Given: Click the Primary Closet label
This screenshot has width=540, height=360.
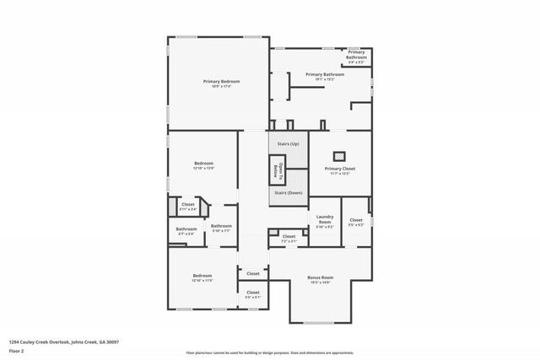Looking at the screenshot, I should coord(340,170).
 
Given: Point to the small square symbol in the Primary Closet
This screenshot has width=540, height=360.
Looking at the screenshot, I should coord(340,154).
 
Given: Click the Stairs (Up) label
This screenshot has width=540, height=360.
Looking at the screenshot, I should coord(289,144).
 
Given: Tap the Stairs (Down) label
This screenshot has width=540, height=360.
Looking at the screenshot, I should coord(289,192).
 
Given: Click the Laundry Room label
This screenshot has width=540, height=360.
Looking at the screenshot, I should coord(325,222).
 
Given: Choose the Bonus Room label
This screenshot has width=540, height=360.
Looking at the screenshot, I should coord(321,279).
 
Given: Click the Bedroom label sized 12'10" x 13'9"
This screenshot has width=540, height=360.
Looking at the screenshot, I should coord(203,165).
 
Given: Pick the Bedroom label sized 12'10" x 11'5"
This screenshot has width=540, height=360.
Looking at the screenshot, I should coord(202,277).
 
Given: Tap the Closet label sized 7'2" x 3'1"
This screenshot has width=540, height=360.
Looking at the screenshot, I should coord(289,238).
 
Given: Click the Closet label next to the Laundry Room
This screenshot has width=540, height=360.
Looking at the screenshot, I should coord(356,222).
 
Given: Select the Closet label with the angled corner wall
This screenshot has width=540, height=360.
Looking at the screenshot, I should coord(188,207).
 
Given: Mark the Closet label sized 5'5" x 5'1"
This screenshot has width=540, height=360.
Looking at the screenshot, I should coord(252,294).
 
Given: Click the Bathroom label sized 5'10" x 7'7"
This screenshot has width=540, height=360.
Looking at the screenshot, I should coord(221,227).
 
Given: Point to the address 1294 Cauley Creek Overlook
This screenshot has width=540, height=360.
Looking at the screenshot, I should coord(64,341).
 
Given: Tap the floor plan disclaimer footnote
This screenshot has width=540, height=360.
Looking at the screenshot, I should coord(270,353).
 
